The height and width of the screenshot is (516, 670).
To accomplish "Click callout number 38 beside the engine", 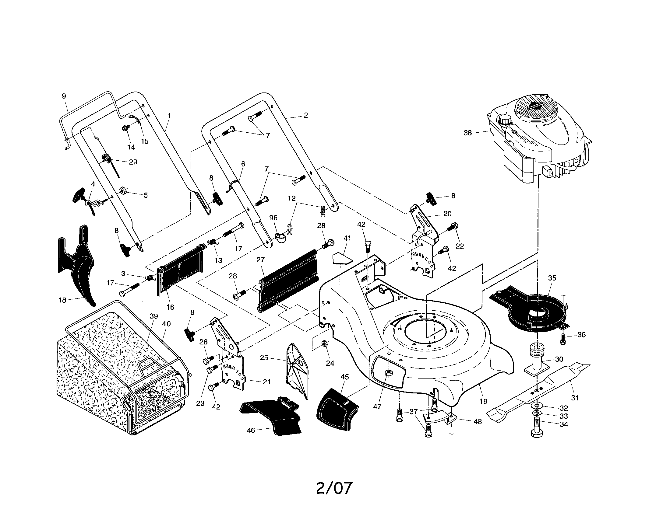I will (467, 133).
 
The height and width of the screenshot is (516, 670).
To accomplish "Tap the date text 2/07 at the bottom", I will (334, 488).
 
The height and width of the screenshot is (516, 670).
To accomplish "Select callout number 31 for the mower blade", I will (575, 398).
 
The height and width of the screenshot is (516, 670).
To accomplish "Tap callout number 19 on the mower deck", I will (484, 401).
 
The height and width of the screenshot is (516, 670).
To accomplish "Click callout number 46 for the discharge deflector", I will (251, 431).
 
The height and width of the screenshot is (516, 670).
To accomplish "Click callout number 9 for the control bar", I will (64, 96).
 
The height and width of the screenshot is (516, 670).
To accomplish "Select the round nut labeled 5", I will (124, 191).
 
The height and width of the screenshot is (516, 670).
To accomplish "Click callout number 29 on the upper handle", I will (133, 162).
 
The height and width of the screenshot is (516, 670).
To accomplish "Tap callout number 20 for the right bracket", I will (447, 214).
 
